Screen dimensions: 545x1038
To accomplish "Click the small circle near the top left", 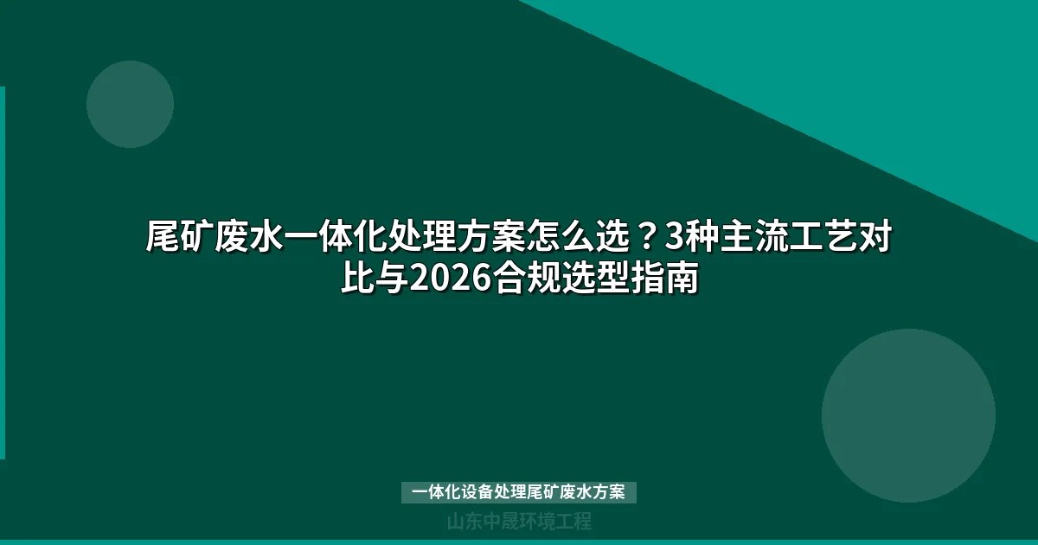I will pos(130,104).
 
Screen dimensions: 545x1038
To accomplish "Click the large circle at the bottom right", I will pos(908,415).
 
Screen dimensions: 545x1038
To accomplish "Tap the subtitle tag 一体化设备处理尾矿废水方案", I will pos(519,492).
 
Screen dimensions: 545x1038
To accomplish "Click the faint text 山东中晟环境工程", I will pos(519,522).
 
